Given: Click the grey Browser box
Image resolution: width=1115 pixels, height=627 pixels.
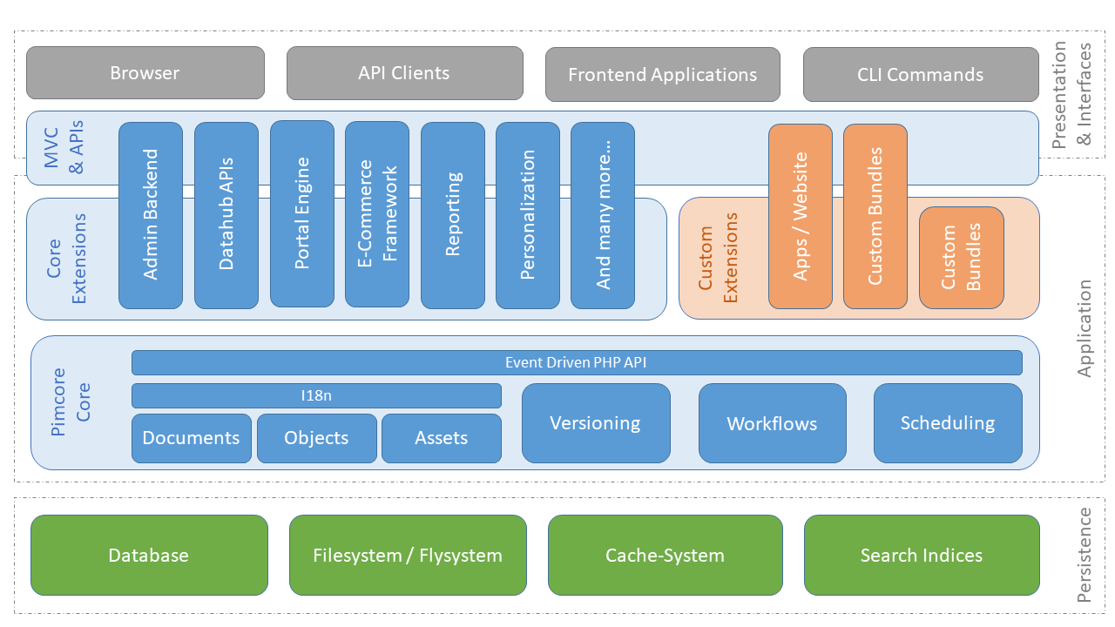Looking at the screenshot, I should click(x=145, y=73).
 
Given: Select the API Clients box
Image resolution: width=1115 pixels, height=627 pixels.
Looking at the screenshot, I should click(x=404, y=73).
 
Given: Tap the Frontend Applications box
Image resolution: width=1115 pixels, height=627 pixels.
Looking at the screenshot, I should click(x=662, y=75).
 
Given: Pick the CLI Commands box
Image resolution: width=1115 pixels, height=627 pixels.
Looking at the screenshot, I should click(x=920, y=75).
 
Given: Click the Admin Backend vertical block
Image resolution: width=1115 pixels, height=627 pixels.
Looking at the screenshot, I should click(x=151, y=215).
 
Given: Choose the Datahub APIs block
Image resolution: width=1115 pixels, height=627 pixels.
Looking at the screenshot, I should click(x=226, y=215).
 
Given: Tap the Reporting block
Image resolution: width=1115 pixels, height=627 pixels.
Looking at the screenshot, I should click(x=453, y=215).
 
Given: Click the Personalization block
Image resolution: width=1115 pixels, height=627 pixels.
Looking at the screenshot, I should click(x=528, y=215).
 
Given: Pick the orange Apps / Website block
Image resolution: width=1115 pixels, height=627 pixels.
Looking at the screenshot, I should click(x=801, y=216).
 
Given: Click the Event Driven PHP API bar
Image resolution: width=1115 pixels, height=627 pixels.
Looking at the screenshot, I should click(x=576, y=362).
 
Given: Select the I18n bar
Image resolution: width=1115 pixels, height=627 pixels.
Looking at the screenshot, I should click(x=316, y=395).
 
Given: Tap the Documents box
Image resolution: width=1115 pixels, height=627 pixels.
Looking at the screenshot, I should click(x=191, y=438).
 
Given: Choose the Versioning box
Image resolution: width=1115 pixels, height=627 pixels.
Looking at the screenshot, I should click(x=596, y=423).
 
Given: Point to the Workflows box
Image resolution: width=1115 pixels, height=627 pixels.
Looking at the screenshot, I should click(x=772, y=424).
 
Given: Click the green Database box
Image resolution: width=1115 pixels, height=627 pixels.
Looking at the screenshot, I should click(x=149, y=556).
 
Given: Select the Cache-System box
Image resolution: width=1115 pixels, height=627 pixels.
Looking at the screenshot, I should click(x=665, y=556).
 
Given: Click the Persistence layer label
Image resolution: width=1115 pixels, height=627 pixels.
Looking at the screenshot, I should click(x=1084, y=556).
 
